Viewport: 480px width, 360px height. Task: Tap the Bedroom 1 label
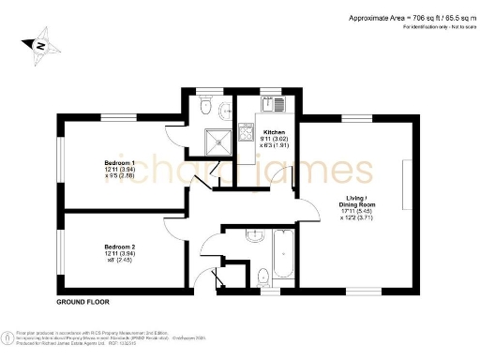(x=119, y=162)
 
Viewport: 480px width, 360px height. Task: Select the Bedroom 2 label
(x=119, y=247)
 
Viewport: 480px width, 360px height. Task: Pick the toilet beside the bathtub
(x=263, y=275)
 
